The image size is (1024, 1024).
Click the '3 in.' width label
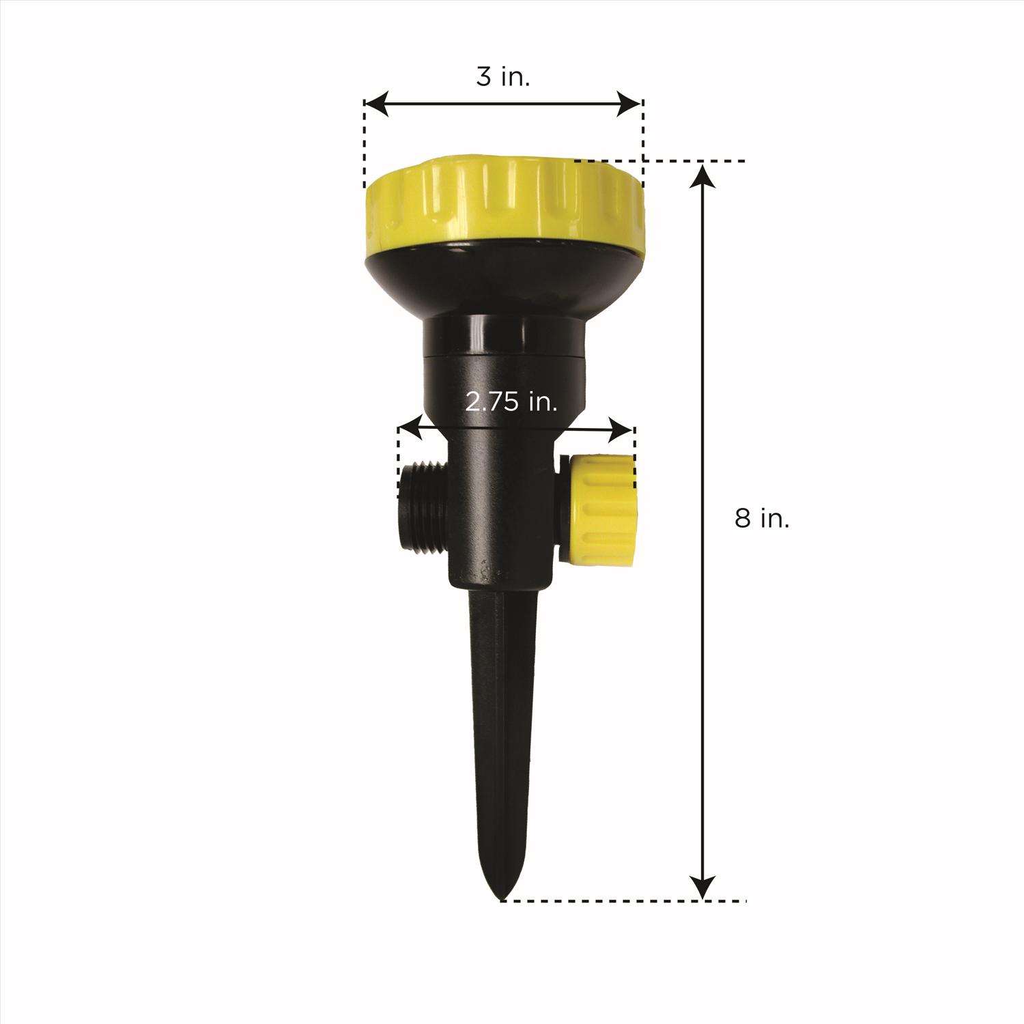click(503, 76)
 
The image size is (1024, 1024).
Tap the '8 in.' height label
click(762, 520)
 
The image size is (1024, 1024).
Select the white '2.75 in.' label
click(511, 403)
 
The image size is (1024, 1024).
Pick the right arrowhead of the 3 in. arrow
click(629, 104)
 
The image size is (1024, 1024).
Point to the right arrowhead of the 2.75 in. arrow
click(623, 429)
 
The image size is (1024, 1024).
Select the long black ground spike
click(504, 717)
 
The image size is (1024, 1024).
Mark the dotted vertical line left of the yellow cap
click(365, 147)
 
